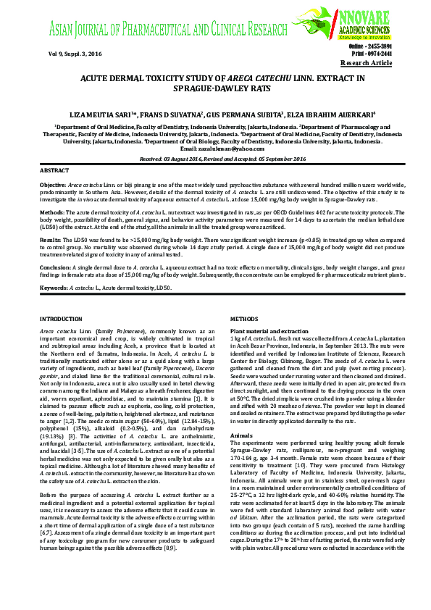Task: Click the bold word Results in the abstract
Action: point(50,238)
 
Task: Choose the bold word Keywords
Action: point(54,287)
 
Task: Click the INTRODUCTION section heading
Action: point(61,319)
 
